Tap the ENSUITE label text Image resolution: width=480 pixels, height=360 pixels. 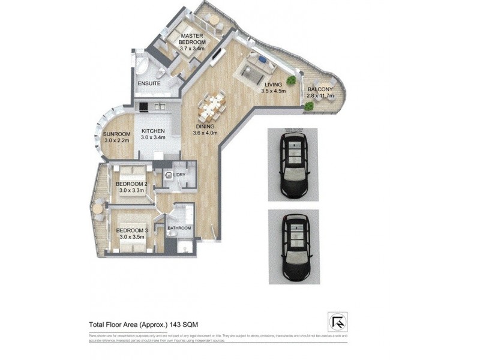coord(149,83)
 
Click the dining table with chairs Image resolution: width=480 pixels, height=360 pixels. coord(214,106)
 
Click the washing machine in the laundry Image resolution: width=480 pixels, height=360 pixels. coord(170,175)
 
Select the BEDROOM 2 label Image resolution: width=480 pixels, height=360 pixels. coord(132,184)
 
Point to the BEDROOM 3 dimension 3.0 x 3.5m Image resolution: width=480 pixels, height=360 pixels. coord(132,238)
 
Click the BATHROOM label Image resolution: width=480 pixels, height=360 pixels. coord(179,228)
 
